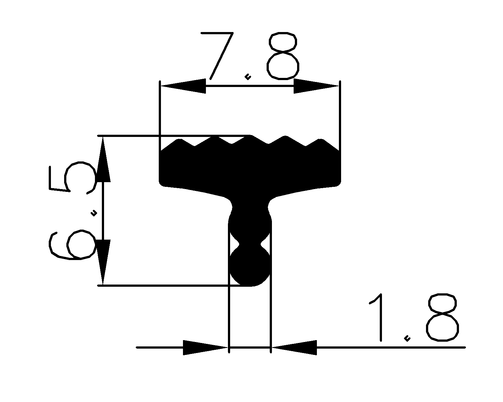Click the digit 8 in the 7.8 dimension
point(282,56)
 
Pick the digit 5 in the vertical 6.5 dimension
point(72,177)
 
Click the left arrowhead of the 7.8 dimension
point(182,86)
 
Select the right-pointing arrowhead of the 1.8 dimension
point(204,347)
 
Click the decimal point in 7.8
point(248,76)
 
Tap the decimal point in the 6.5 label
point(93,214)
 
